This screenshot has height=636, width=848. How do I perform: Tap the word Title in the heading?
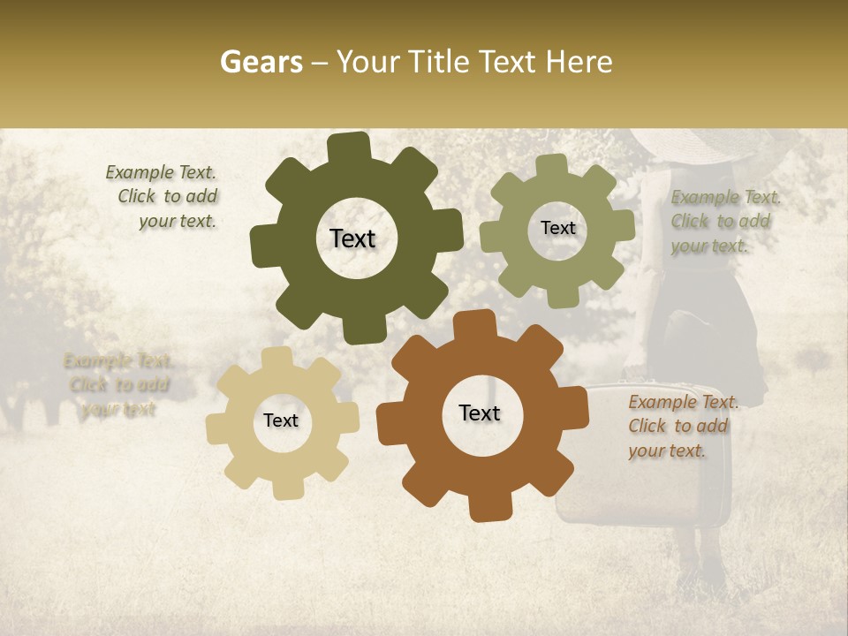439,62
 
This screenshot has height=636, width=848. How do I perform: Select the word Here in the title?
579,62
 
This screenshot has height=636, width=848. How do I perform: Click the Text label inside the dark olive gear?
352,238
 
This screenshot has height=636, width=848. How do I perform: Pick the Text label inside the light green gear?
557,228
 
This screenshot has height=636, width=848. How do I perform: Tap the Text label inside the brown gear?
480,413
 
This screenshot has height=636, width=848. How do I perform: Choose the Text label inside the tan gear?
281,420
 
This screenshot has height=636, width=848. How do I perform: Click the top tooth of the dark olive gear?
350,149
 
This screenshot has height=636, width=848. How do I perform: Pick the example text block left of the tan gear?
117,384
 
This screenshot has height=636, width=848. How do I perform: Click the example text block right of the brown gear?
680,426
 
